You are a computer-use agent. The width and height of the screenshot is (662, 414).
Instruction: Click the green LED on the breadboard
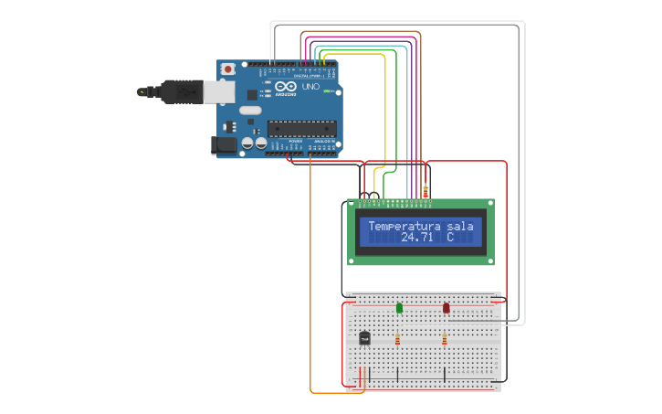click(399, 308)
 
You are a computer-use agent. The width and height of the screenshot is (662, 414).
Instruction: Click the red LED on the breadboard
click(447, 309)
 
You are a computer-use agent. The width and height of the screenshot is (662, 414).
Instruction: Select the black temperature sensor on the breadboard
click(365, 338)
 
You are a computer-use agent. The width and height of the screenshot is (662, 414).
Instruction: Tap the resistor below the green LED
click(397, 341)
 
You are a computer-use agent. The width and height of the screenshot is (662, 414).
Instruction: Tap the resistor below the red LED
click(445, 341)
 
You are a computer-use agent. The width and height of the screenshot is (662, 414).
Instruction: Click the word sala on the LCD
click(461, 226)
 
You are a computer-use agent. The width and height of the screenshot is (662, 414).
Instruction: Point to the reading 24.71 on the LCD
click(416, 238)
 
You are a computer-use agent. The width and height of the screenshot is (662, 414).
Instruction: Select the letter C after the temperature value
click(450, 238)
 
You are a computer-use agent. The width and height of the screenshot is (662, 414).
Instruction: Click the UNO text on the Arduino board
click(310, 88)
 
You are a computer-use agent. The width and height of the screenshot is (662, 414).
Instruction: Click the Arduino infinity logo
click(285, 86)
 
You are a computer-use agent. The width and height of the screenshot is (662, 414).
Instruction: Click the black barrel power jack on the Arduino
click(224, 144)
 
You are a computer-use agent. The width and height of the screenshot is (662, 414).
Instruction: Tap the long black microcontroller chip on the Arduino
click(301, 127)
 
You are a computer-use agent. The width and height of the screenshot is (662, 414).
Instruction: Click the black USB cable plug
click(178, 91)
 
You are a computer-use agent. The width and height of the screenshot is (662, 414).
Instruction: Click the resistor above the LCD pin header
click(426, 191)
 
